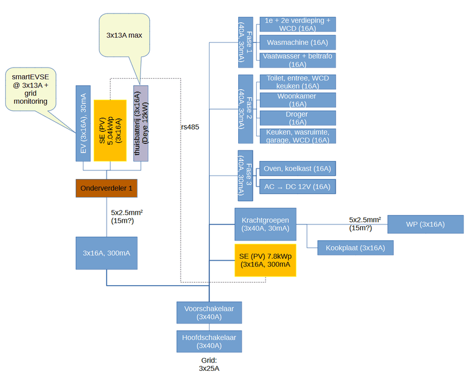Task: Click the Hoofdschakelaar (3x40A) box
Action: click(x=209, y=341)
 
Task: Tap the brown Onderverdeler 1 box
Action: click(x=107, y=188)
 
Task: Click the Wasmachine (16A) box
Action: click(x=297, y=43)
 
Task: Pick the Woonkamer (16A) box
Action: click(x=297, y=100)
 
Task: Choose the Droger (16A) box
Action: click(x=297, y=118)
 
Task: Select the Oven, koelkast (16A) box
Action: click(x=297, y=169)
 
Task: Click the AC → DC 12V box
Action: click(x=297, y=187)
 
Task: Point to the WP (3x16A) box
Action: click(x=425, y=224)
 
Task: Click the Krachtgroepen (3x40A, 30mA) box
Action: click(x=265, y=224)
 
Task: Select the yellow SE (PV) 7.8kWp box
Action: click(x=265, y=260)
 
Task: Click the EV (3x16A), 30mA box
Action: click(x=83, y=123)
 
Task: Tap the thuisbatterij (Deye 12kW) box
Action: click(x=140, y=123)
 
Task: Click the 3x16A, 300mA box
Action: click(x=107, y=253)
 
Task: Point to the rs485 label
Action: click(x=190, y=127)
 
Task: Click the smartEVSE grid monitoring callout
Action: click(x=30, y=89)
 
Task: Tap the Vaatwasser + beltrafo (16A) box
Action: click(x=297, y=60)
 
